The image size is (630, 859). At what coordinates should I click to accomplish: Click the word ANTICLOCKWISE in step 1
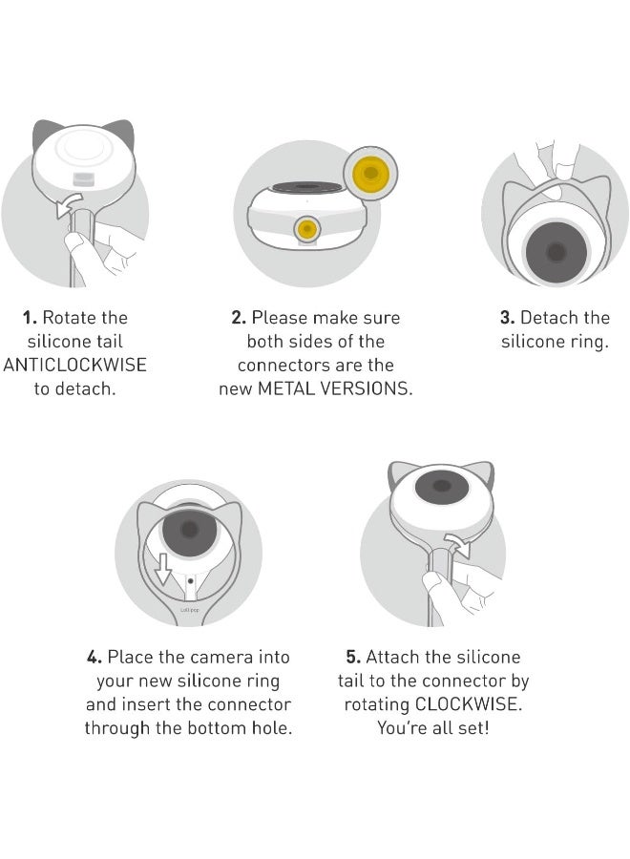75,365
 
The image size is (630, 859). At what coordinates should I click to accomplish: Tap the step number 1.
30,318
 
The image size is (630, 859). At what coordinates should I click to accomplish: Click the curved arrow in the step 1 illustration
69,205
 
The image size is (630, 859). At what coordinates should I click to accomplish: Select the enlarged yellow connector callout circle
370,173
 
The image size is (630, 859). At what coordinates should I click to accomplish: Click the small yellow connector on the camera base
306,228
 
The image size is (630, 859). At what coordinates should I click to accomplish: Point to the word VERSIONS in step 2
366,388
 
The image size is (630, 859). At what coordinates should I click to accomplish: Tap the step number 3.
507,318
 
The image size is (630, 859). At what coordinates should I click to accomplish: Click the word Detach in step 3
543,318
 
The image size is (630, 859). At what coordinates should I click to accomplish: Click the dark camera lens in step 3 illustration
556,253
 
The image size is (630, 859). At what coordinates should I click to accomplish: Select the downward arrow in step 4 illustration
163,570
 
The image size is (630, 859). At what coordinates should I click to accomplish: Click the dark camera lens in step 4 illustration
190,529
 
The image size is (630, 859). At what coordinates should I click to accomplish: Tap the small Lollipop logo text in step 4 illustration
190,610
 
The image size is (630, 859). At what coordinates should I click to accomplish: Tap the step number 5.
353,657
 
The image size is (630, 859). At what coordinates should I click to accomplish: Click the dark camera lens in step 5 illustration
442,486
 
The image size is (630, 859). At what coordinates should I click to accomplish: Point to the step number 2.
239,318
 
